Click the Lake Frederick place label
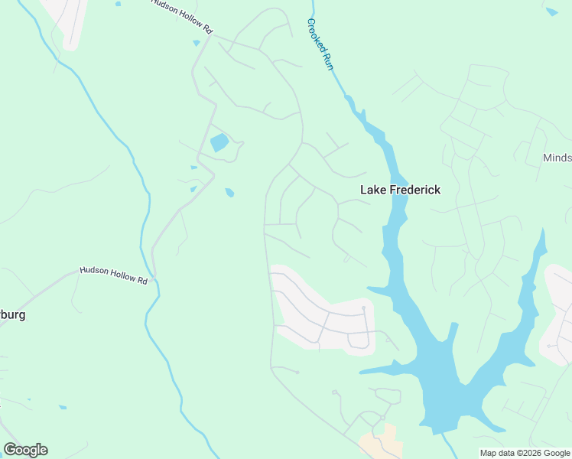click(x=400, y=190)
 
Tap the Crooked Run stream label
click(x=321, y=44)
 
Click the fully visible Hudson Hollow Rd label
click(x=114, y=275)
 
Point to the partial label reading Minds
click(x=557, y=158)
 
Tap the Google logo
click(x=25, y=450)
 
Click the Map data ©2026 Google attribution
click(x=525, y=453)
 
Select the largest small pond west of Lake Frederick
click(x=219, y=142)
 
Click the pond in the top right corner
click(x=552, y=11)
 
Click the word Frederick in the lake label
click(x=415, y=190)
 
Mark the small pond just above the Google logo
click(x=62, y=407)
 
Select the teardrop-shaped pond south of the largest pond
click(x=229, y=193)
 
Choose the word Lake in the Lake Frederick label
click(x=373, y=190)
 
